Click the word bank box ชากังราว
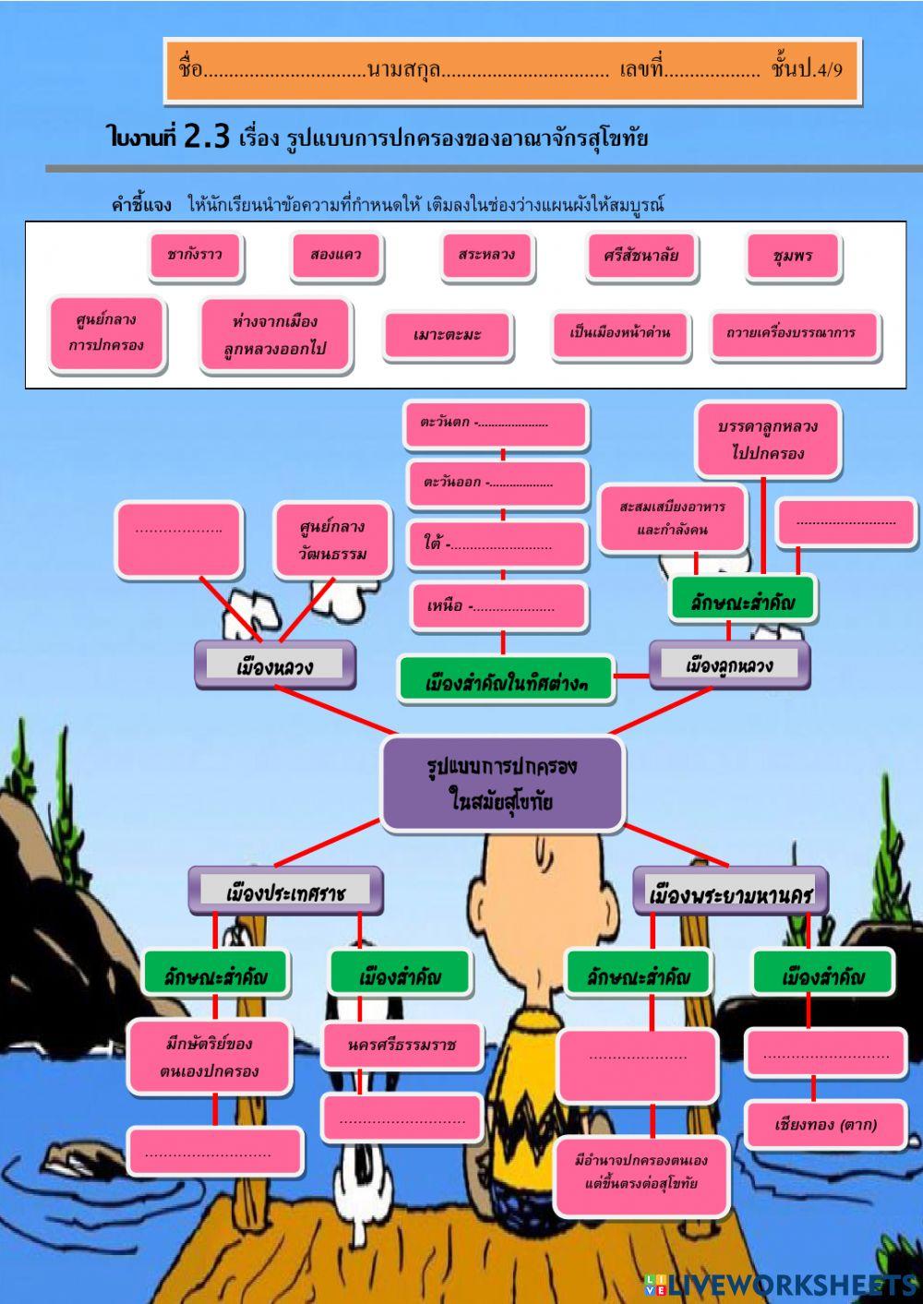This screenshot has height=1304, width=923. coord(196,256)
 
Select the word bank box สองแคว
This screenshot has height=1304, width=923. coord(336,256)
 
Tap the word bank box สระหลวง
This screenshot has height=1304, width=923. coord(486,256)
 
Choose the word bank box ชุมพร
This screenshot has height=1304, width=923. coord(793,257)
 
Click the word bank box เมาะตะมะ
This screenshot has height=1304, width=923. coord(448,335)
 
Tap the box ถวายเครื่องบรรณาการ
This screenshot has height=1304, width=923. coord(792,334)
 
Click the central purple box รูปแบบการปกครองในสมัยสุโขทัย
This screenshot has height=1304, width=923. coord(503,783)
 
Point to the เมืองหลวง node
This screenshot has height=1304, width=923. coord(275,664)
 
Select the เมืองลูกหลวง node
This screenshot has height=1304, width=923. coord(729,664)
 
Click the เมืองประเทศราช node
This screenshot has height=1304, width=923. coord(285,891)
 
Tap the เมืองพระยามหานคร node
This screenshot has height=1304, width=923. coord(730,892)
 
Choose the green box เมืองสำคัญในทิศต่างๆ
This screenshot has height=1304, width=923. coord(506,681)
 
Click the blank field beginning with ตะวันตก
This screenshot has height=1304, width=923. coord(497,424)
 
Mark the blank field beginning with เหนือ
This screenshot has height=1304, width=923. coord(498,606)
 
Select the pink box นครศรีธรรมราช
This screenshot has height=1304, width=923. coord(402,1045)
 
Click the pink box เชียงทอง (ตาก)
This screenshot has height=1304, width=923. coord(825,1124)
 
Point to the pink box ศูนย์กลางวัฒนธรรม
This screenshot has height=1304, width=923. coord(332,541)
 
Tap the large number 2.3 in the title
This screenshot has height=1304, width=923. coord(206,137)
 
